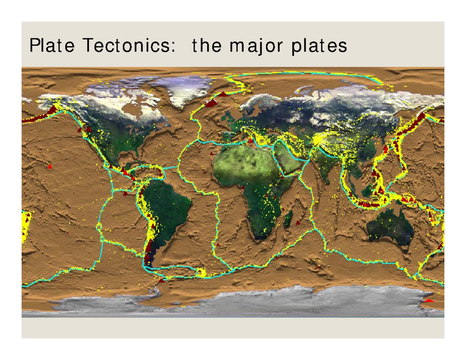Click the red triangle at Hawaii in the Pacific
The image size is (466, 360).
tap(49, 166)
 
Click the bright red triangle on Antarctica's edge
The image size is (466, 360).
tap(429, 300)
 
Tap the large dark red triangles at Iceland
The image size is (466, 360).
tap(212, 103)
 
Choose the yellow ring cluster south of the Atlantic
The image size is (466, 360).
tap(201, 273)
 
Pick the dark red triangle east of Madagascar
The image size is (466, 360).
tap(298, 223)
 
